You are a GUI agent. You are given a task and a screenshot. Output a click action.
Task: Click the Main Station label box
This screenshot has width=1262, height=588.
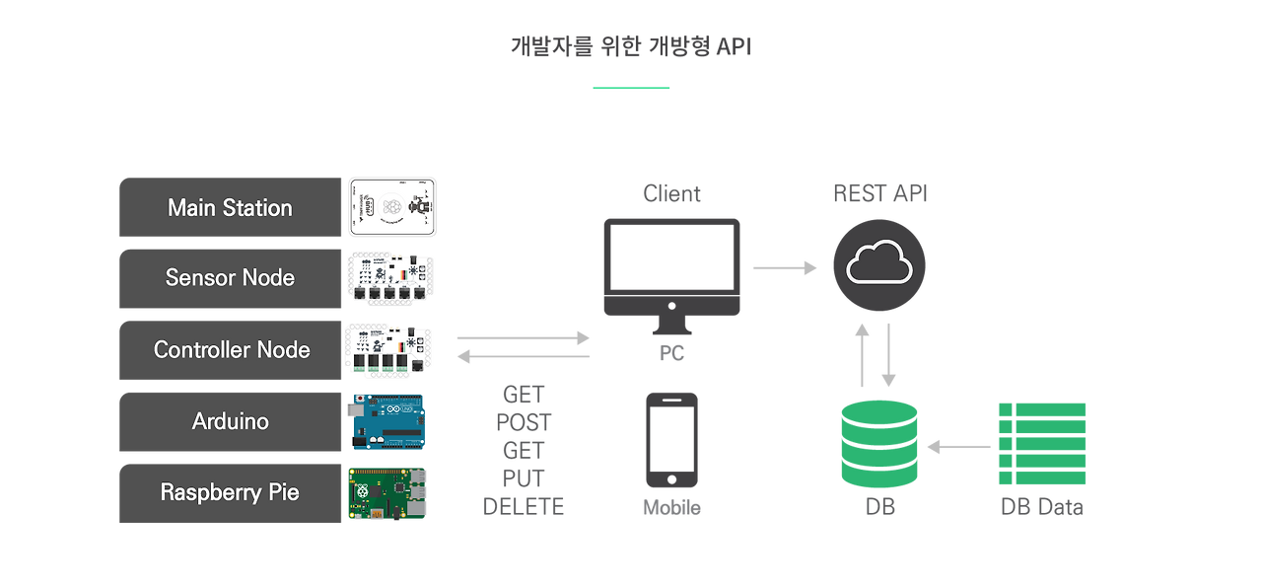tap(230, 208)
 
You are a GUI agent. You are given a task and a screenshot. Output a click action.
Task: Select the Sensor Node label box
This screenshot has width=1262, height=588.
tap(230, 279)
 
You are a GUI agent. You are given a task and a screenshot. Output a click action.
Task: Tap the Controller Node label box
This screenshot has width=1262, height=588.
tap(230, 350)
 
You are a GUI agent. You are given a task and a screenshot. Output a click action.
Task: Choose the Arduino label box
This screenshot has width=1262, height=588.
tap(230, 422)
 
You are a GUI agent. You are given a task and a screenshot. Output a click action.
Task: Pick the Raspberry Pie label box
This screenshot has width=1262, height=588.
tap(230, 493)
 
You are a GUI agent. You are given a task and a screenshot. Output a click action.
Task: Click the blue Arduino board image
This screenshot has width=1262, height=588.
tap(386, 422)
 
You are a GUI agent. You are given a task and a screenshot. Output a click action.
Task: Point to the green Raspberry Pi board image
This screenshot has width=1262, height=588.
tap(386, 493)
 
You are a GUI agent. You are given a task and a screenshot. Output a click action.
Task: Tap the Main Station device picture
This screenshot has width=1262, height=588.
tap(391, 207)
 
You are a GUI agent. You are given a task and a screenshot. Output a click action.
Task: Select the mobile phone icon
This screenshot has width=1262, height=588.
tap(671, 440)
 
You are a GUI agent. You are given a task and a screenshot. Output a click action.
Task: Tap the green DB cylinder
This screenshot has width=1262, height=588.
tap(878, 444)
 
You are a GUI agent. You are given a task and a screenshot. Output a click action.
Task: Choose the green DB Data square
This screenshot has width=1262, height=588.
tap(1042, 444)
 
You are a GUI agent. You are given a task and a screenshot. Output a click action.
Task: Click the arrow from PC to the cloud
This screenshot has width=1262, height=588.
tap(785, 267)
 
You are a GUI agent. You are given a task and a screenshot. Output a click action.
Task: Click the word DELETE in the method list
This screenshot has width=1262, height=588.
tap(524, 507)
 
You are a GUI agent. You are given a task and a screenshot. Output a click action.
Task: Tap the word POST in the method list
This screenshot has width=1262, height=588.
tap(524, 423)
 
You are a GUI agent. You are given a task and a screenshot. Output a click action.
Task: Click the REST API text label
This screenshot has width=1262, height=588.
tap(879, 194)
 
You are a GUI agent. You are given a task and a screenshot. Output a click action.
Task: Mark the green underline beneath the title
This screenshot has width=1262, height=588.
tap(631, 88)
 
